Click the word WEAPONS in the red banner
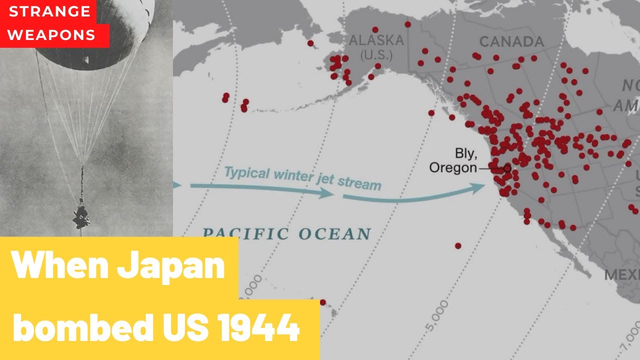(52, 35)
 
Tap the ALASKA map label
(376, 40)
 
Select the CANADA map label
(511, 41)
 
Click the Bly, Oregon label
(453, 160)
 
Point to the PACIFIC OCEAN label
(286, 233)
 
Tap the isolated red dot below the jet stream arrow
(458, 245)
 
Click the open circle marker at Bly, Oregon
(507, 168)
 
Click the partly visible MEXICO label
(622, 274)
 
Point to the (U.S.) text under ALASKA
(376, 54)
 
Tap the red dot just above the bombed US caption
(322, 302)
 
